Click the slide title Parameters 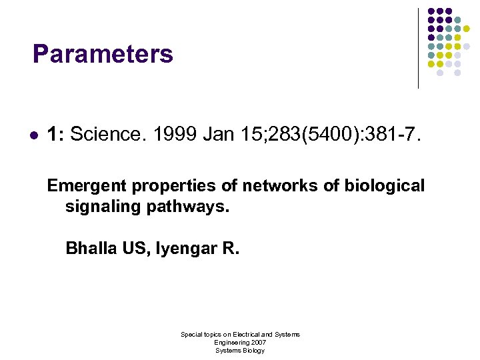click(103, 54)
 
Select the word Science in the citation click(107, 135)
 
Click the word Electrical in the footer click(246, 334)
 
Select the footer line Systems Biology click(240, 350)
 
